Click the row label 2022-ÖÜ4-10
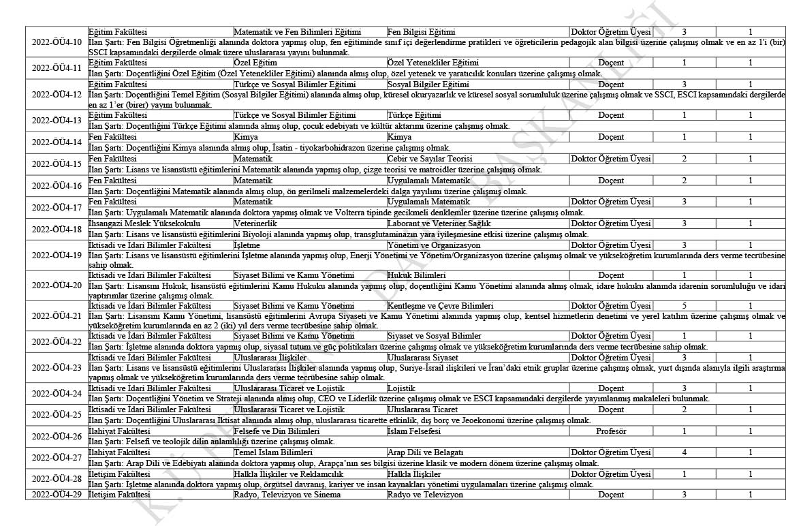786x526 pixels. click(57, 42)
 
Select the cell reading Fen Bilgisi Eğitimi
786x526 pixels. click(421, 32)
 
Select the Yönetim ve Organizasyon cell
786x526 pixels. click(433, 245)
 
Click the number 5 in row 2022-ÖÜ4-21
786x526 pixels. click(684, 306)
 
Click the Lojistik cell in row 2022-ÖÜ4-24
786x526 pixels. click(400, 388)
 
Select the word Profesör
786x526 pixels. click(611, 431)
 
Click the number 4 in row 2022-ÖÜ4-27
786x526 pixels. click(684, 452)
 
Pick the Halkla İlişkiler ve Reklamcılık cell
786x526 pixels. click(289, 474)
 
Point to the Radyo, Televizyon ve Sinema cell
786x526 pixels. click(287, 495)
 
